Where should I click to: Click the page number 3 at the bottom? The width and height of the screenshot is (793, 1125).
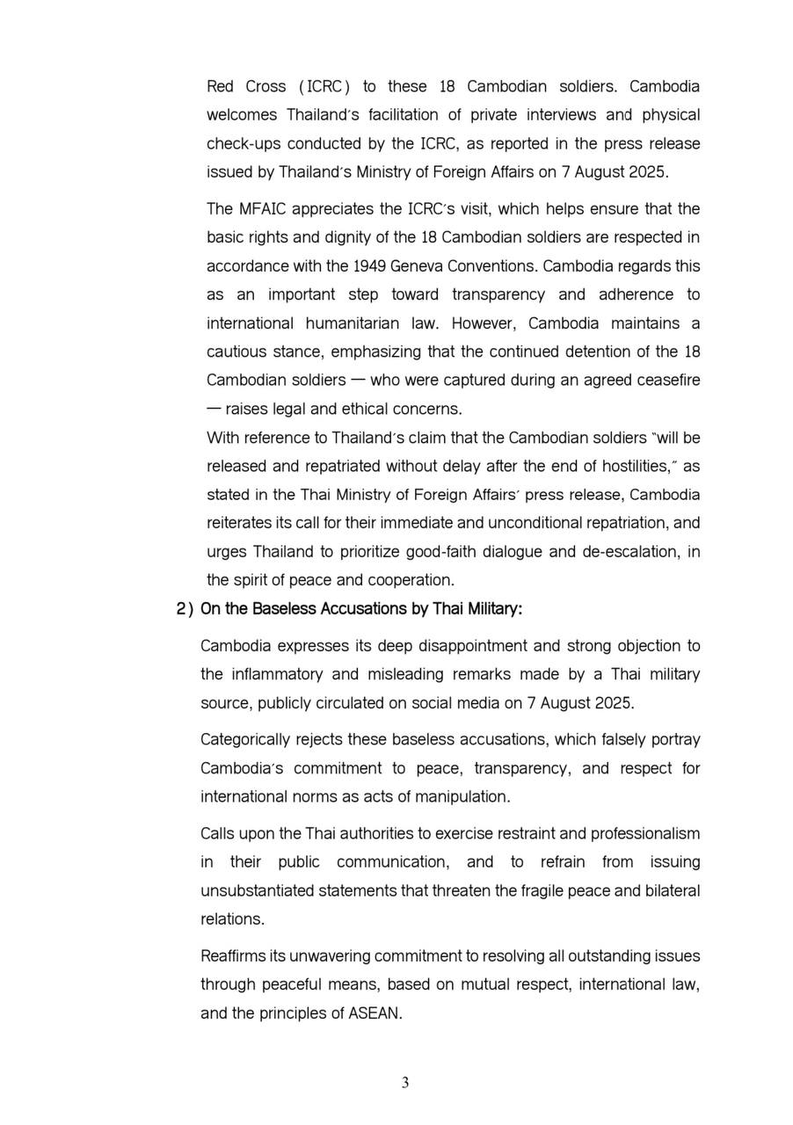405,1083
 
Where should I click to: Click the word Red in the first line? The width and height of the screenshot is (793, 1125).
222,86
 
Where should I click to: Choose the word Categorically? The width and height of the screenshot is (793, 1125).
249,739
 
